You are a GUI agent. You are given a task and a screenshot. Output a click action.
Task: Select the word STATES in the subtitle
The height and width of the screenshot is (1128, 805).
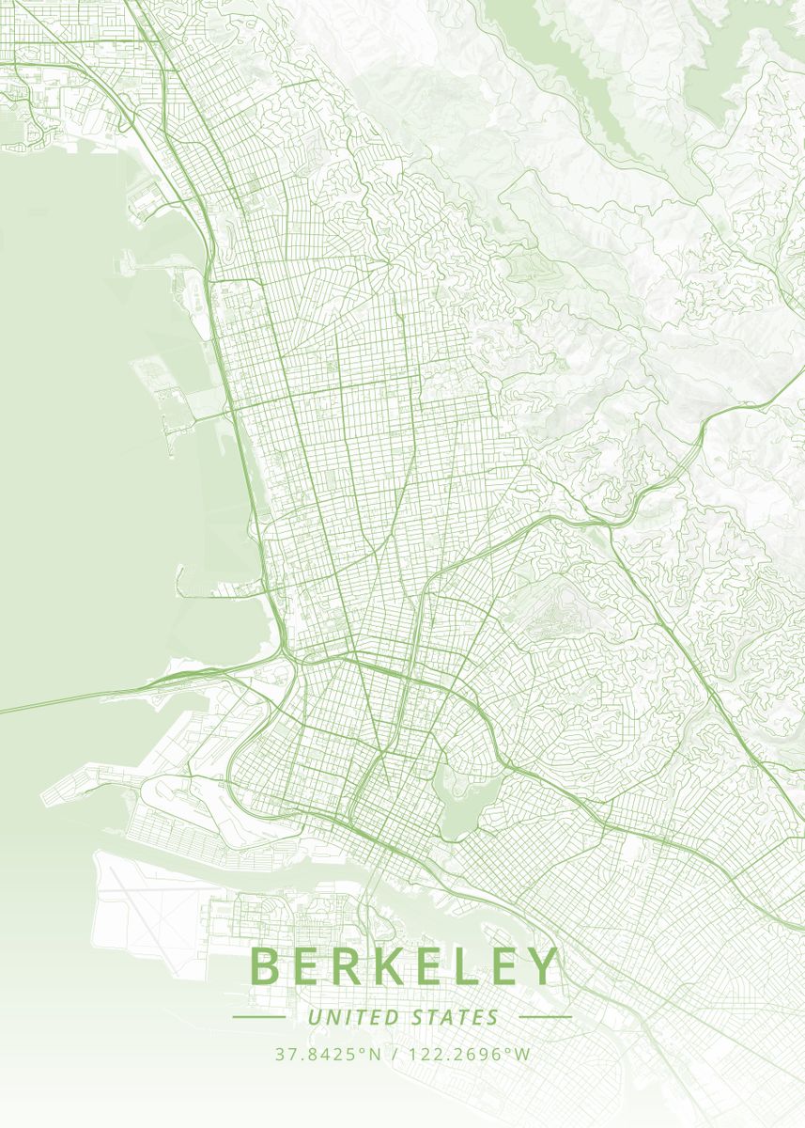(x=456, y=1017)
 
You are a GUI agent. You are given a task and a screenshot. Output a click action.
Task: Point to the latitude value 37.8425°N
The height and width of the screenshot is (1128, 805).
(x=329, y=1055)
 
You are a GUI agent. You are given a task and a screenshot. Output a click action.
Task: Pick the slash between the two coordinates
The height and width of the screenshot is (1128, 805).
(x=393, y=1055)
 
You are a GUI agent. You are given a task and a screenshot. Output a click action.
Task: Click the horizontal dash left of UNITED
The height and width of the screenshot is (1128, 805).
(x=258, y=1017)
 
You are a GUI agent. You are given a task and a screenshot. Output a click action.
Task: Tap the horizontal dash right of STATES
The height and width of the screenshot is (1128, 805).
(x=545, y=1017)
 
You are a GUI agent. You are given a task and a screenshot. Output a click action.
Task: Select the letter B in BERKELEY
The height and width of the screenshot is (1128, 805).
(x=267, y=966)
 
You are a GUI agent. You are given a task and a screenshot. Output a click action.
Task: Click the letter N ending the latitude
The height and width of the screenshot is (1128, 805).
(x=376, y=1055)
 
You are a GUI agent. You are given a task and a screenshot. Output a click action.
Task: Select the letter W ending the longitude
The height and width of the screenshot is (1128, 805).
(x=522, y=1055)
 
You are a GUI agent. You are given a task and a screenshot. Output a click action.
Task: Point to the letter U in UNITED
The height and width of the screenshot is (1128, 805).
(x=314, y=1017)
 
